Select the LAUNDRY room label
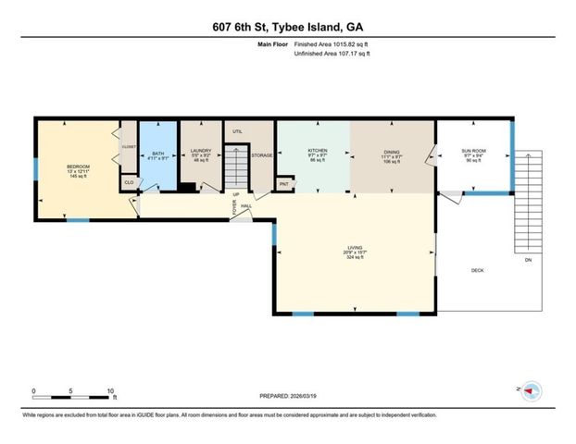pyautogui.click(x=201, y=150)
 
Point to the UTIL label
pyautogui.click(x=237, y=132)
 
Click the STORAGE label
pyautogui.click(x=262, y=155)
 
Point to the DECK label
pyautogui.click(x=478, y=271)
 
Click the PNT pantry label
pyautogui.click(x=284, y=184)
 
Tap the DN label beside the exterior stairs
pyautogui.click(x=528, y=261)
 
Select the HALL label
pyautogui.click(x=246, y=205)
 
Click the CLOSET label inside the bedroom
pyautogui.click(x=128, y=146)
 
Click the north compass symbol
pyautogui.click(x=532, y=391)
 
